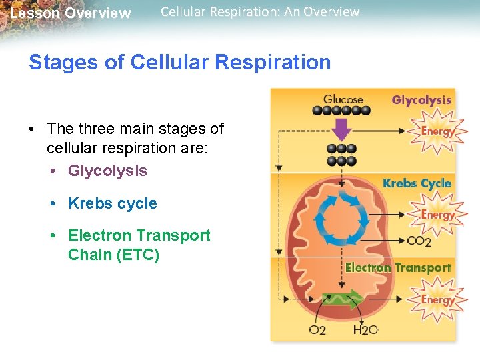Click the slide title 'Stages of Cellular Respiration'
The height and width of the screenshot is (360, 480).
[179, 63]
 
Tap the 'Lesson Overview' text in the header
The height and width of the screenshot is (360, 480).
[71, 13]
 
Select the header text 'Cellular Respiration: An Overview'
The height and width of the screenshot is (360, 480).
[260, 12]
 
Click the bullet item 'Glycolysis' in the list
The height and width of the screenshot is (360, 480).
[107, 171]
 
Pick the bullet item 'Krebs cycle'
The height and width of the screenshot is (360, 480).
[113, 203]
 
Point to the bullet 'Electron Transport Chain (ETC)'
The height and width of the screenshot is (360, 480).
[139, 245]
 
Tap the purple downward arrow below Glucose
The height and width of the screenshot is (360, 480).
[342, 129]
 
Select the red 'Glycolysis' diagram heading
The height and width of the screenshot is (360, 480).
[421, 100]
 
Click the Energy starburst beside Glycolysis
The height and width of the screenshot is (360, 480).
[437, 131]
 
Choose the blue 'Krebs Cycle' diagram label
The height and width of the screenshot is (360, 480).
[417, 183]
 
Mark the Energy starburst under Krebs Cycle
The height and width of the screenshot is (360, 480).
[437, 215]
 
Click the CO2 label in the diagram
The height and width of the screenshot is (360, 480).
[419, 241]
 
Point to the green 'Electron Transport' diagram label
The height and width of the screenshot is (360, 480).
[398, 268]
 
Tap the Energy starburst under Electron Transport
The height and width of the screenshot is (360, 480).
[437, 299]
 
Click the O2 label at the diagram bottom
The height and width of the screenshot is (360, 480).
[317, 330]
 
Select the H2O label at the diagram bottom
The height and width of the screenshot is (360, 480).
[365, 330]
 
